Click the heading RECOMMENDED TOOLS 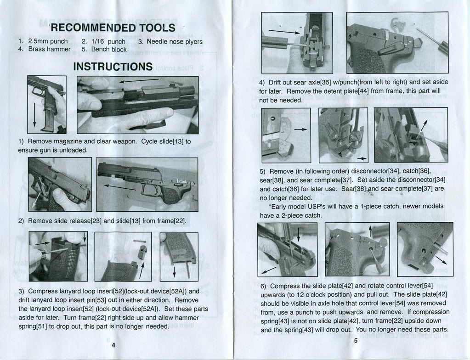tap(113, 27)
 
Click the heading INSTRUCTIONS tap(113, 67)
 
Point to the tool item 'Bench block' tap(109, 49)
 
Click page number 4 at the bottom tap(113, 345)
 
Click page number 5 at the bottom tap(355, 341)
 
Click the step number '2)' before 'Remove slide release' tap(22, 221)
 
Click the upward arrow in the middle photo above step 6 tap(371, 230)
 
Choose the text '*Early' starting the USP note tap(277, 206)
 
